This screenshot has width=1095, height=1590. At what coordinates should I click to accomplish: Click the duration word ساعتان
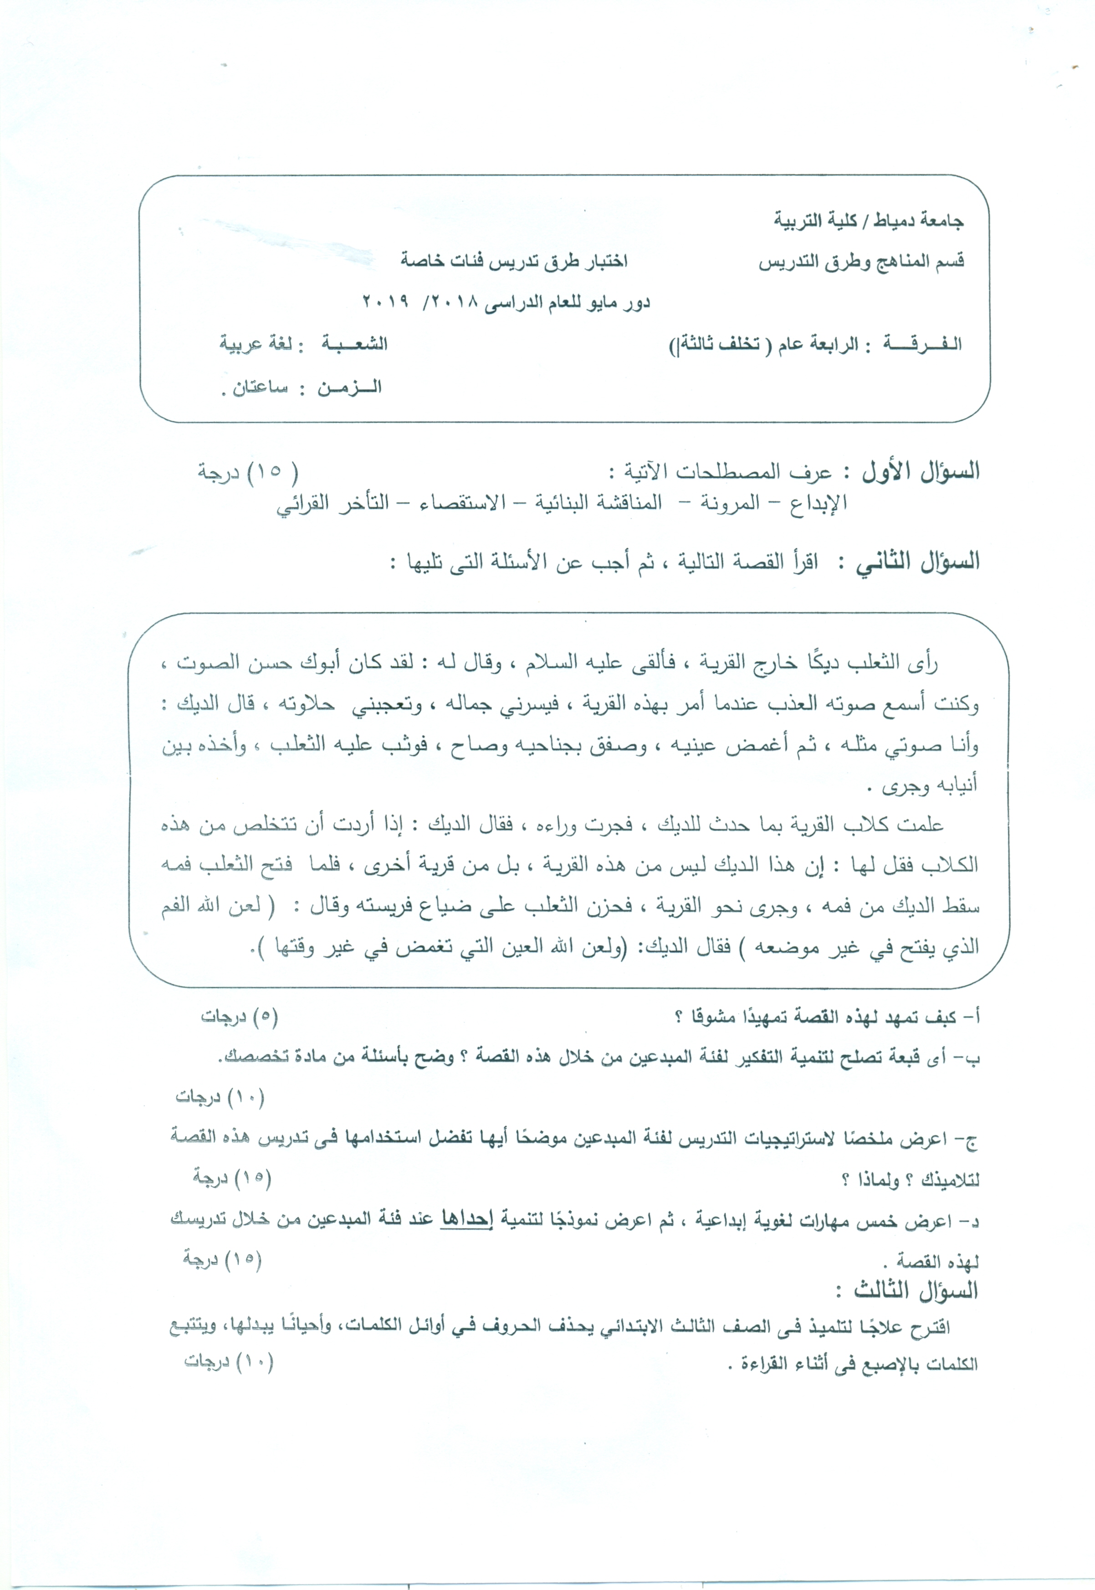(x=261, y=387)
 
